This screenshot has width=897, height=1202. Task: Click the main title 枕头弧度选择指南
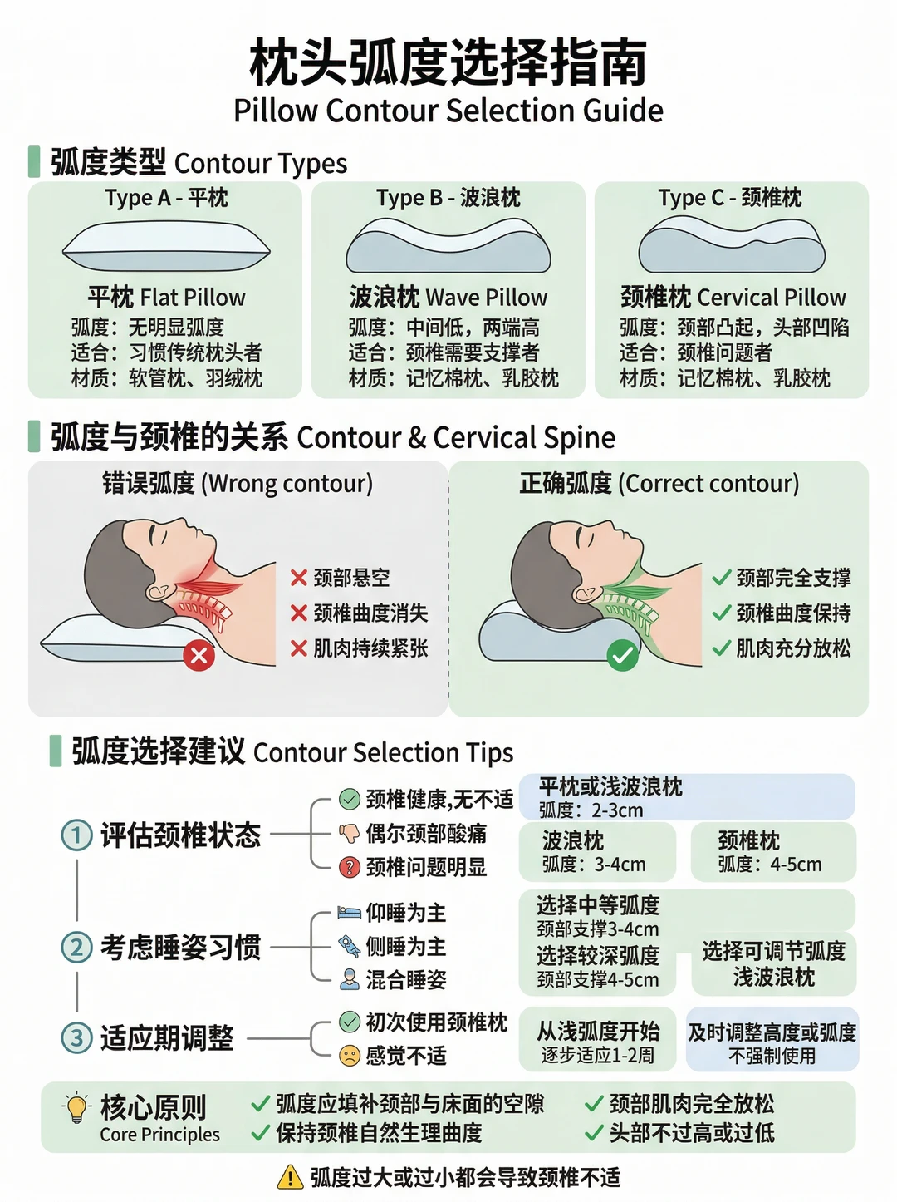(448, 63)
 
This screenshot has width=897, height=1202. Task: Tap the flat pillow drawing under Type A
(166, 246)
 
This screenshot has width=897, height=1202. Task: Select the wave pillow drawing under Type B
(448, 245)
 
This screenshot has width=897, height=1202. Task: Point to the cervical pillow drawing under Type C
(732, 244)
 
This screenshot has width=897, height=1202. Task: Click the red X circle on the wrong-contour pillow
(199, 655)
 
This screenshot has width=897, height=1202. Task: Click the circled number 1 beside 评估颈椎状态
(76, 835)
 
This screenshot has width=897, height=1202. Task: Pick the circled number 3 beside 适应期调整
(76, 1037)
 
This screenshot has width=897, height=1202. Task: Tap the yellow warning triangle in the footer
(290, 1177)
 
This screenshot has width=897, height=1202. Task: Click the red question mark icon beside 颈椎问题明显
(350, 867)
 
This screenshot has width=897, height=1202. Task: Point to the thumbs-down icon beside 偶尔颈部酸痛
(349, 834)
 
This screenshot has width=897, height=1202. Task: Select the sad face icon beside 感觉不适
(350, 1055)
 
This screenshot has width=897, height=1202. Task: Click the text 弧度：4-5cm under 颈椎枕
(770, 865)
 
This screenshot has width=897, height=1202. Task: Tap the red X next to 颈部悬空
(299, 578)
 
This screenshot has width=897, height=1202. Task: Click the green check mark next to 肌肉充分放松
(722, 648)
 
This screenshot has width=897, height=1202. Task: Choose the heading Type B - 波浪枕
(448, 198)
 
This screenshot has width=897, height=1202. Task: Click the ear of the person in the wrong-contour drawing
(158, 591)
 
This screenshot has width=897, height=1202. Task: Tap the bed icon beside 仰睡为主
(350, 913)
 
